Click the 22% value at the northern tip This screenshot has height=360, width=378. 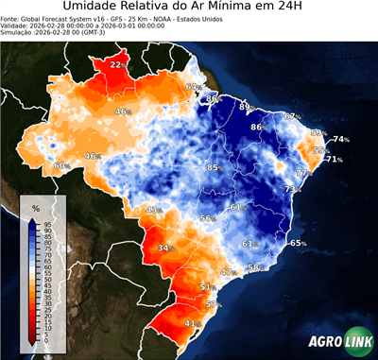[116, 64]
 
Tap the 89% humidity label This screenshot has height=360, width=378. [245, 108]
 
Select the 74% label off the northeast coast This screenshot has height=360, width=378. [340, 140]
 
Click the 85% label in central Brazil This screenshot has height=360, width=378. [215, 167]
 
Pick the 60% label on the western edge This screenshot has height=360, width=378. [61, 165]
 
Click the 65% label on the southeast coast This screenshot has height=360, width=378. [298, 243]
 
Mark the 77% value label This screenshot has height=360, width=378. [304, 174]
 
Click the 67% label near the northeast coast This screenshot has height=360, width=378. [291, 116]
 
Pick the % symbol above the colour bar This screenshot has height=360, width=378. [35, 206]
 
